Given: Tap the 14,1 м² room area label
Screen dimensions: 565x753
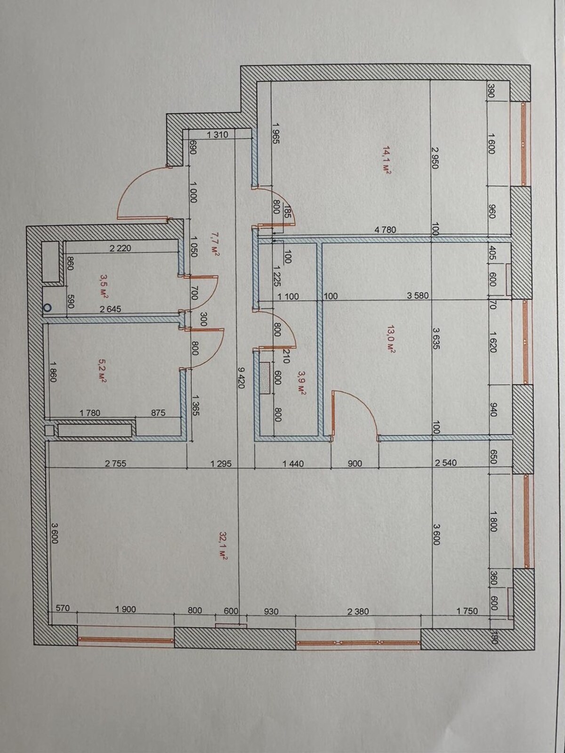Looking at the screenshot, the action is [387, 160].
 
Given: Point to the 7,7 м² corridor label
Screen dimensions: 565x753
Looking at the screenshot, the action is [215, 244].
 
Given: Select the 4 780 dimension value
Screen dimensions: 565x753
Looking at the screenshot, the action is [385, 230].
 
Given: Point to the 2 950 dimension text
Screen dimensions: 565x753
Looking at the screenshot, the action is [435, 158].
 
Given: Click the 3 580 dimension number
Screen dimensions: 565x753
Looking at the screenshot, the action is [418, 296].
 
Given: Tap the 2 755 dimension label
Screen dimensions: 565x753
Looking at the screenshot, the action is [116, 464].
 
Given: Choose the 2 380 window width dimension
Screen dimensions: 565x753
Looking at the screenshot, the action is [358, 611].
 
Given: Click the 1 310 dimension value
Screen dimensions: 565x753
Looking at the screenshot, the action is [218, 135].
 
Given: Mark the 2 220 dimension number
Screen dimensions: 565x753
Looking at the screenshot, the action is [121, 248].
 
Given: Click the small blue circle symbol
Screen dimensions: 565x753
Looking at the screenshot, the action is [47, 308].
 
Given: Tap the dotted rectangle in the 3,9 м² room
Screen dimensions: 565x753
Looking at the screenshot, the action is [265, 377].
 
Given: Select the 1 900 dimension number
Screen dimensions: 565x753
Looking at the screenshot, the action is [126, 609].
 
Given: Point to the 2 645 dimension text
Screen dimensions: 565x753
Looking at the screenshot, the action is [111, 309].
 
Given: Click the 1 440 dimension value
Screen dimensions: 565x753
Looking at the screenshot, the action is [293, 464].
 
